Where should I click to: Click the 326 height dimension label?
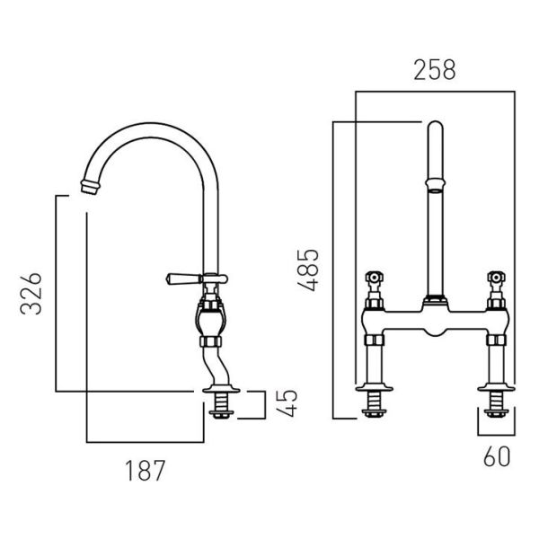pyautogui.click(x=31, y=294)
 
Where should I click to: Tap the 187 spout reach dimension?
pyautogui.click(x=145, y=471)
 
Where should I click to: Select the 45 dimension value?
pyautogui.click(x=287, y=403)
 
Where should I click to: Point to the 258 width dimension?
pyautogui.click(x=435, y=70)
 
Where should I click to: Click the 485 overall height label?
pyautogui.click(x=308, y=270)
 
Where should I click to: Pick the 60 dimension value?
pyautogui.click(x=497, y=456)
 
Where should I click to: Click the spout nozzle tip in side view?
pyautogui.click(x=91, y=187)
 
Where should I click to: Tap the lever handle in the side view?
pyautogui.click(x=184, y=278)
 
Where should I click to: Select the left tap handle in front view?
pyautogui.click(x=375, y=277)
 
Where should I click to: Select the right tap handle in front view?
pyautogui.click(x=496, y=277)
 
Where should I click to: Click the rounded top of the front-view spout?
pyautogui.click(x=435, y=126)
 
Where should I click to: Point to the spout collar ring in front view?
pyautogui.click(x=435, y=184)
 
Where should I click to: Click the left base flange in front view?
pyautogui.click(x=374, y=388)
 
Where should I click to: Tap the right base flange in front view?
pyautogui.click(x=496, y=388)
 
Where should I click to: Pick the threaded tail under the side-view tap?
pyautogui.click(x=221, y=405)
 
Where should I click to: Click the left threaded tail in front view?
pyautogui.click(x=374, y=404)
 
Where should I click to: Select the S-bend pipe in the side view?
pyautogui.click(x=216, y=366)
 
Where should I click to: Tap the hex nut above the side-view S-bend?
pyautogui.click(x=211, y=341)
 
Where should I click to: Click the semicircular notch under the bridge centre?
pyautogui.click(x=435, y=331)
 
